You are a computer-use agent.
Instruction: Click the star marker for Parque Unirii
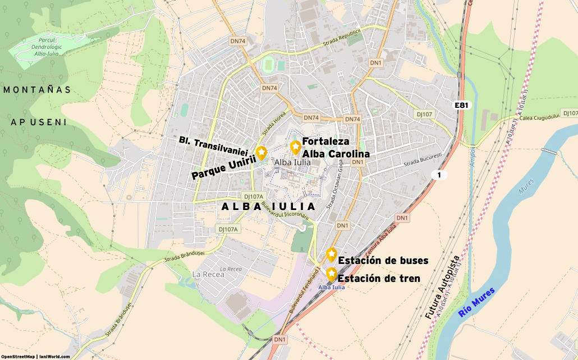tap(262, 152)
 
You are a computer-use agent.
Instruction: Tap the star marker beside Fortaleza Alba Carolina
tap(295, 147)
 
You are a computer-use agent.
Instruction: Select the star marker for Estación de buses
tap(331, 254)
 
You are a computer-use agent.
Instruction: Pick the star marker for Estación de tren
tap(331, 274)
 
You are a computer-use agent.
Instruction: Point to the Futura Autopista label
tap(442, 288)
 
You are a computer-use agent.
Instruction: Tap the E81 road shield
tap(461, 105)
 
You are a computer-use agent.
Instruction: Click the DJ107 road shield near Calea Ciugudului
tap(424, 114)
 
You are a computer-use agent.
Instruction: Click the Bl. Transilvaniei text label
tap(213, 145)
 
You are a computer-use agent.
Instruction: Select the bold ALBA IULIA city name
tap(269, 207)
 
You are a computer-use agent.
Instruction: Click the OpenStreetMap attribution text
tap(18, 356)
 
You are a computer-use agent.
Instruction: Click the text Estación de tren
tap(379, 278)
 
